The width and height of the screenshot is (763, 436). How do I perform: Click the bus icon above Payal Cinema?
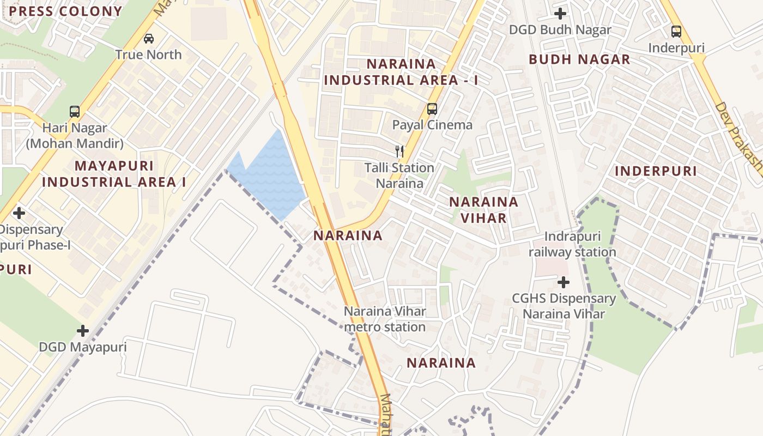click(432, 108)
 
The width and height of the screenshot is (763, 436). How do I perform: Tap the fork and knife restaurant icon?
click(400, 152)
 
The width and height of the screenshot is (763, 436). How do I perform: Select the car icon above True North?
click(149, 39)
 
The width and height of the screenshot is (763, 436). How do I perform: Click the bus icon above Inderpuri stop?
click(676, 32)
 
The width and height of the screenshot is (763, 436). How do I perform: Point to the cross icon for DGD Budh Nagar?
click(560, 13)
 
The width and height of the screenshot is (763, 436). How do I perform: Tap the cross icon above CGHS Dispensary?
click(564, 282)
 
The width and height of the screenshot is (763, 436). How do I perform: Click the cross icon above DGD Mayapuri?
click(83, 331)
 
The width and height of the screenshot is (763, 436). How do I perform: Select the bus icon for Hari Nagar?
click(75, 112)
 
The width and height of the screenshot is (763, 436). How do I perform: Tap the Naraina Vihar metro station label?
click(385, 319)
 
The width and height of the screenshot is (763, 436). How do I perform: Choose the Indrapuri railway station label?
click(572, 244)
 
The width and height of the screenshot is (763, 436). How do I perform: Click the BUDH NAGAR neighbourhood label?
click(579, 59)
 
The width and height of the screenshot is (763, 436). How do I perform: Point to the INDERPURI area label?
click(656, 171)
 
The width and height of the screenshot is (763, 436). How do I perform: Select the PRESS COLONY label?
click(65, 11)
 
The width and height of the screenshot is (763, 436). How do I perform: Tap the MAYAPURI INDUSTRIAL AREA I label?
click(114, 174)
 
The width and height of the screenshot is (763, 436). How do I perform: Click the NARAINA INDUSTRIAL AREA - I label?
click(401, 72)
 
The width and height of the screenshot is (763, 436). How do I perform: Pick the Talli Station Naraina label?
click(400, 175)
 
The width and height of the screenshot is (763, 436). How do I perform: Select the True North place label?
click(148, 55)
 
